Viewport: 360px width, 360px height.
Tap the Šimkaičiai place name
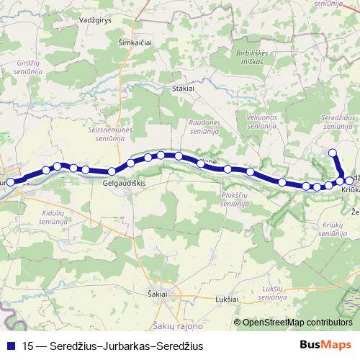[135, 43]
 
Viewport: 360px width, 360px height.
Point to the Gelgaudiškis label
[125, 184]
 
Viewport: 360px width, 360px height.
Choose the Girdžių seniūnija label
[28, 67]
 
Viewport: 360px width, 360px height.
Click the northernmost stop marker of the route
[333, 152]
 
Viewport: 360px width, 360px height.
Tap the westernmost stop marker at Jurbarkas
[11, 183]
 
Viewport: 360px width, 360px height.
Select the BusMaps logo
[325, 344]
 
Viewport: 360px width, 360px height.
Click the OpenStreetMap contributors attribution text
[297, 322]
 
